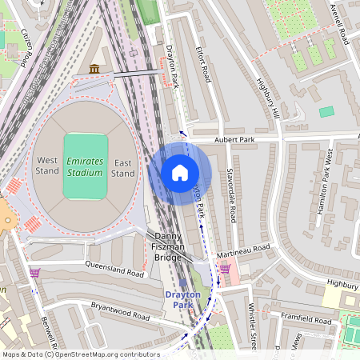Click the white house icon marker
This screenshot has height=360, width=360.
tap(180, 173)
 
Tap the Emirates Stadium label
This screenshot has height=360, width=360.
tap(85, 166)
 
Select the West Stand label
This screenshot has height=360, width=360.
tap(47, 166)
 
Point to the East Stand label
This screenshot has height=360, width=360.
tap(122, 166)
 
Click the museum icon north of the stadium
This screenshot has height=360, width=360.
tap(95, 70)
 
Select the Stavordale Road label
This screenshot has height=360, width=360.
tap(231, 194)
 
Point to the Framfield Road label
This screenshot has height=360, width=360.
tap(305, 318)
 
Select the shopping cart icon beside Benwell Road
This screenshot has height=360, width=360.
tap(34, 273)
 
